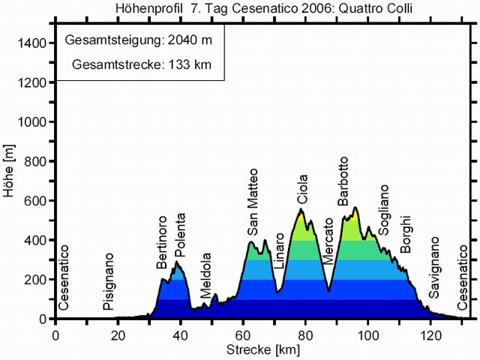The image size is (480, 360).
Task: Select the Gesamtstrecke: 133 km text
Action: [142, 64]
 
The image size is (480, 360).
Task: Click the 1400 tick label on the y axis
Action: [34, 43]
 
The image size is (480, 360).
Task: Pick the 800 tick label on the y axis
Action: [37, 161]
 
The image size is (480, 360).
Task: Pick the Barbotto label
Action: [343, 181]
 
